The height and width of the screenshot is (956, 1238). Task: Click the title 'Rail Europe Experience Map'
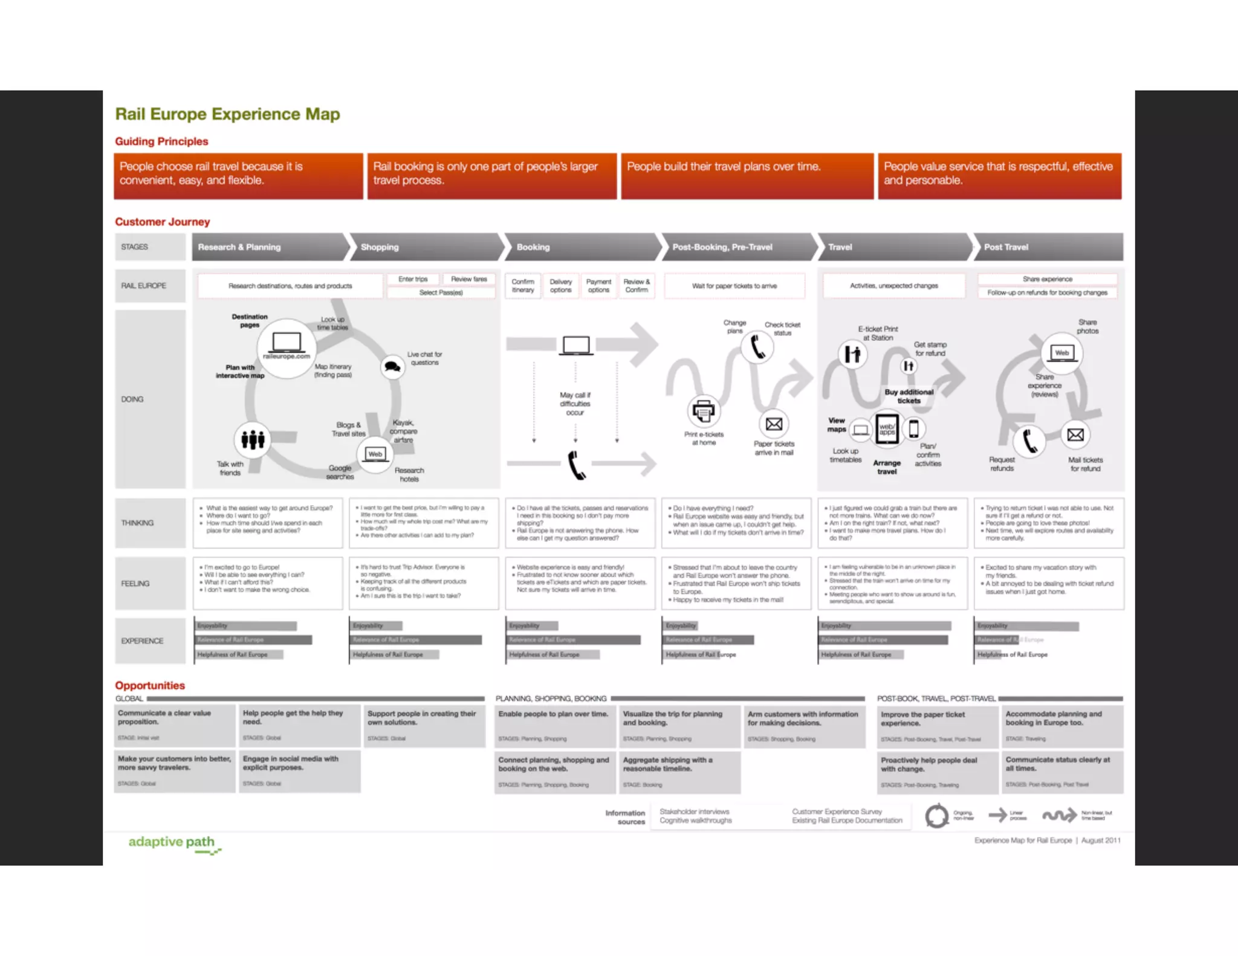pos(227,114)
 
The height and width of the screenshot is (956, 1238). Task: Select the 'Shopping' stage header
pos(380,247)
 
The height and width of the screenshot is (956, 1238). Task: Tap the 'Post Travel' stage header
pos(1006,247)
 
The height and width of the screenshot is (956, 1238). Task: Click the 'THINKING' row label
pos(138,523)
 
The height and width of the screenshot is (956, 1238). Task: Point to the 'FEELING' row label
pos(135,584)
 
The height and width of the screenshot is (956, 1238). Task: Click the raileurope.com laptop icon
pos(287,344)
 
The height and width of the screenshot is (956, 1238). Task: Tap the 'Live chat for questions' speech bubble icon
pos(393,366)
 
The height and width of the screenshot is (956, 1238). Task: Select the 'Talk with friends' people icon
pos(253,439)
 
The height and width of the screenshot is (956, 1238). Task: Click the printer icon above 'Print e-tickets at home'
pos(703,411)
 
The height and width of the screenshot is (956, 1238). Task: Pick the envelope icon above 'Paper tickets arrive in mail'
pos(774,424)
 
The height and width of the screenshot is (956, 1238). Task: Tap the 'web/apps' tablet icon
pos(887,429)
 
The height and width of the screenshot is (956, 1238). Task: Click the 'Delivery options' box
pos(560,286)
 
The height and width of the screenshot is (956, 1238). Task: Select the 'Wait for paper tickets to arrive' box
pos(734,286)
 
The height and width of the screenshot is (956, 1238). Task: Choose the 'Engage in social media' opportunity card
pos(299,770)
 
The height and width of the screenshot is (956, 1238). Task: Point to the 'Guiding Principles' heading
pos(161,141)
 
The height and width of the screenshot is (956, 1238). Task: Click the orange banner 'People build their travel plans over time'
pos(747,176)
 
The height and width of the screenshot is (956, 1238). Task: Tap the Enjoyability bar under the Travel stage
pos(886,626)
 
